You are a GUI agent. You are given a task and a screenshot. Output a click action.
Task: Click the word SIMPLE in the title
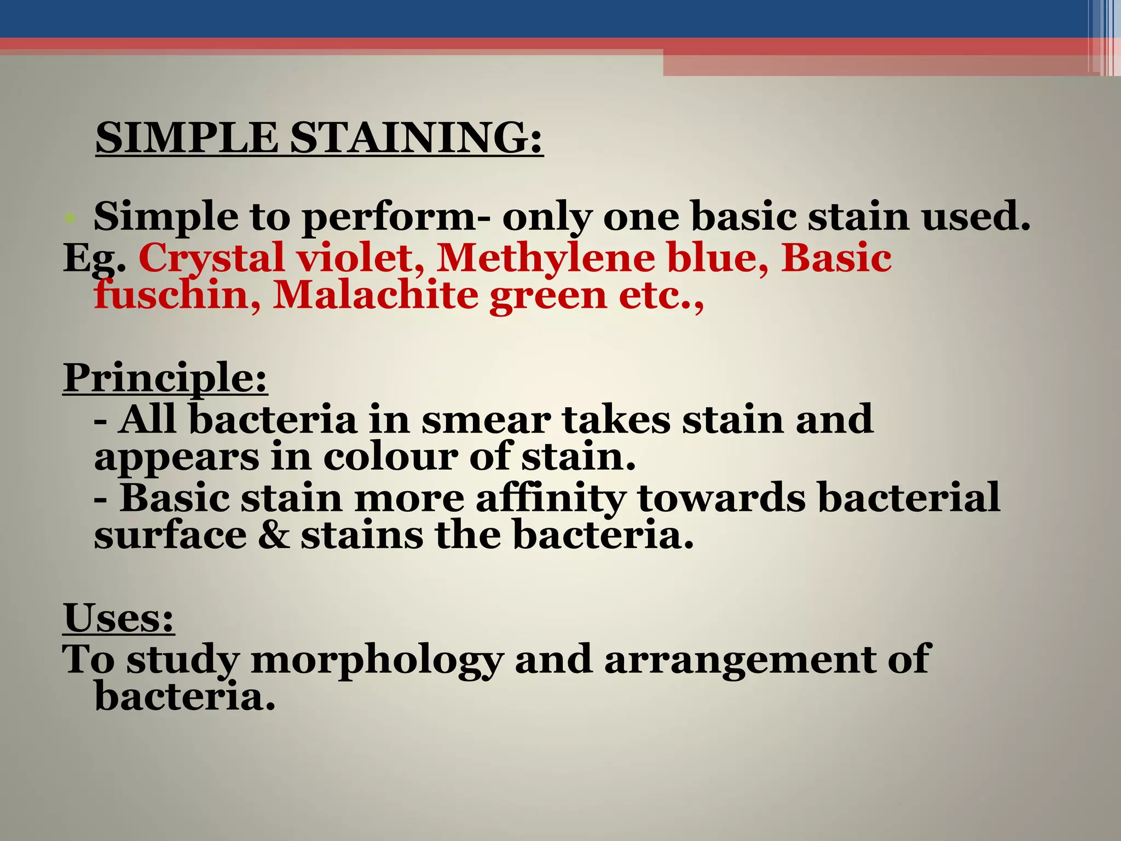[187, 138]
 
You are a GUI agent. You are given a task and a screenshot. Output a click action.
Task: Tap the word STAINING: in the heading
[416, 138]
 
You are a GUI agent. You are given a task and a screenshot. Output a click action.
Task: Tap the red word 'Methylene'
[545, 257]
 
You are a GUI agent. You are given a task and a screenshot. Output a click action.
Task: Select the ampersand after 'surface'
[273, 535]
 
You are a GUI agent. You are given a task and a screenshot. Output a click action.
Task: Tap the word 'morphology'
[377, 660]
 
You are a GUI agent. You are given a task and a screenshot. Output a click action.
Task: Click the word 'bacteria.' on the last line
[184, 696]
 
